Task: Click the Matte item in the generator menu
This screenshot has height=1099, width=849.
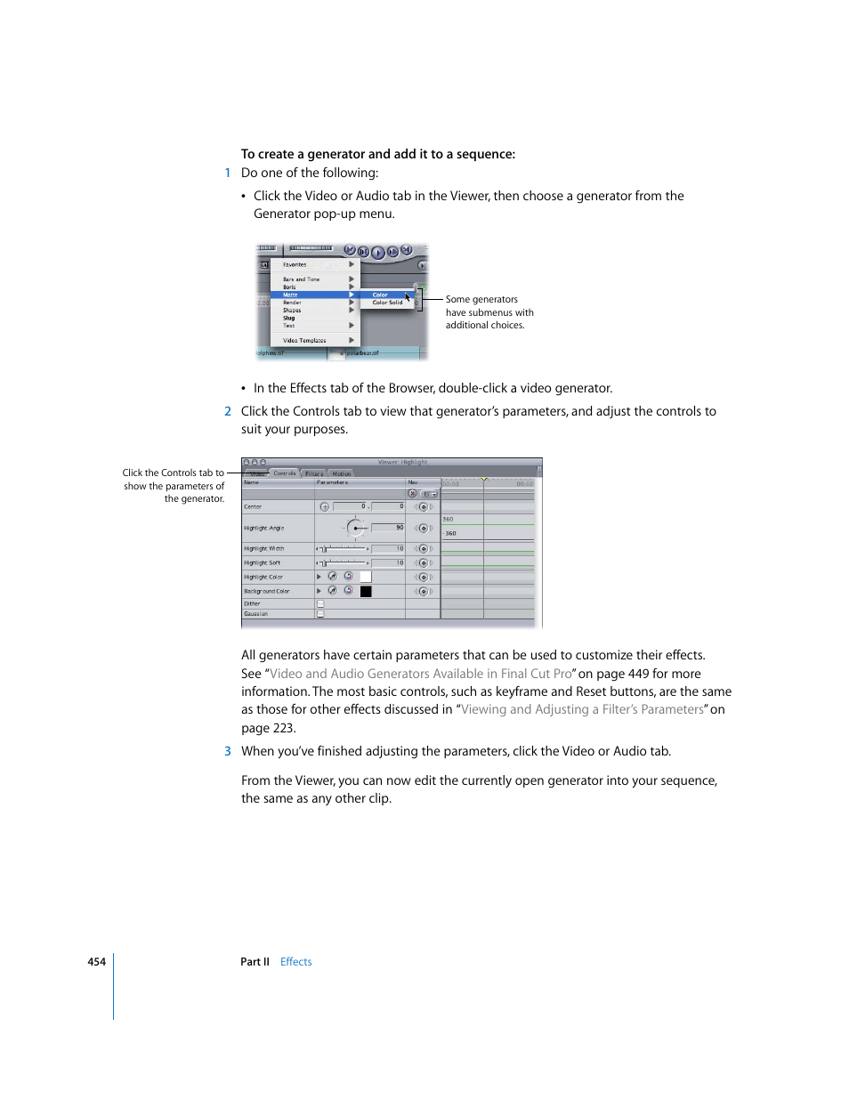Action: tap(291, 295)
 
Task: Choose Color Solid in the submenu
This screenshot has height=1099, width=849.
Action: tap(387, 303)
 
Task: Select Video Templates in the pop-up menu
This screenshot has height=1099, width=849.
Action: tap(304, 340)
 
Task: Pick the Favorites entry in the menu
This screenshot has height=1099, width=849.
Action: tap(295, 264)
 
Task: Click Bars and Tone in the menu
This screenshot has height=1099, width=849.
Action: tap(301, 279)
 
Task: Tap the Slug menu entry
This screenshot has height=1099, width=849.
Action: tap(289, 318)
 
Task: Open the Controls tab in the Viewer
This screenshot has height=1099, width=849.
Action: tap(285, 473)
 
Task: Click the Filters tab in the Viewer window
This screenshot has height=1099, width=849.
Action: tap(314, 473)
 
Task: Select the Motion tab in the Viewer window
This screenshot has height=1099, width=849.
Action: tap(342, 473)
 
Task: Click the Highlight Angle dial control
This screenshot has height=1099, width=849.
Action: tap(356, 529)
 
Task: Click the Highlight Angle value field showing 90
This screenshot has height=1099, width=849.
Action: tap(389, 528)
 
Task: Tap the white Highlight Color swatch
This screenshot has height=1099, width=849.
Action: tap(366, 577)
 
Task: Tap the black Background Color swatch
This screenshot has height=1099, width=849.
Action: tap(366, 591)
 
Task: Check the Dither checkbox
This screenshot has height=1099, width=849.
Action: tap(321, 603)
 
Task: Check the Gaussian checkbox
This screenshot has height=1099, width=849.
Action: tap(321, 614)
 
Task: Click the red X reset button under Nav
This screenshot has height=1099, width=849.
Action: tap(412, 494)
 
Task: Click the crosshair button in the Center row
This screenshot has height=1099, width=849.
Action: tap(324, 506)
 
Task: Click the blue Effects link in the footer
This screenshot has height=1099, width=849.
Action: tap(295, 962)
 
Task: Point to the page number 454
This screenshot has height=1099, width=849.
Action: tap(96, 962)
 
